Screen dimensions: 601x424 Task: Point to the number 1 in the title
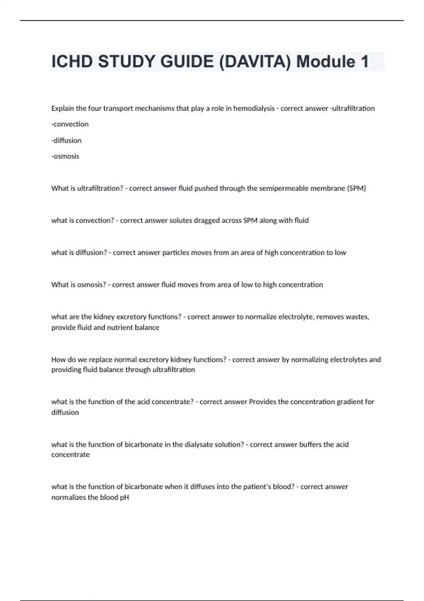pos(364,62)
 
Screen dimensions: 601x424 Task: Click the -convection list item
pos(70,124)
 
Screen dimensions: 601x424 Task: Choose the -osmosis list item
pos(65,156)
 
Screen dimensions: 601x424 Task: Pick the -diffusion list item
pos(66,140)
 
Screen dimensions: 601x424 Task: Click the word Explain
pos(63,109)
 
